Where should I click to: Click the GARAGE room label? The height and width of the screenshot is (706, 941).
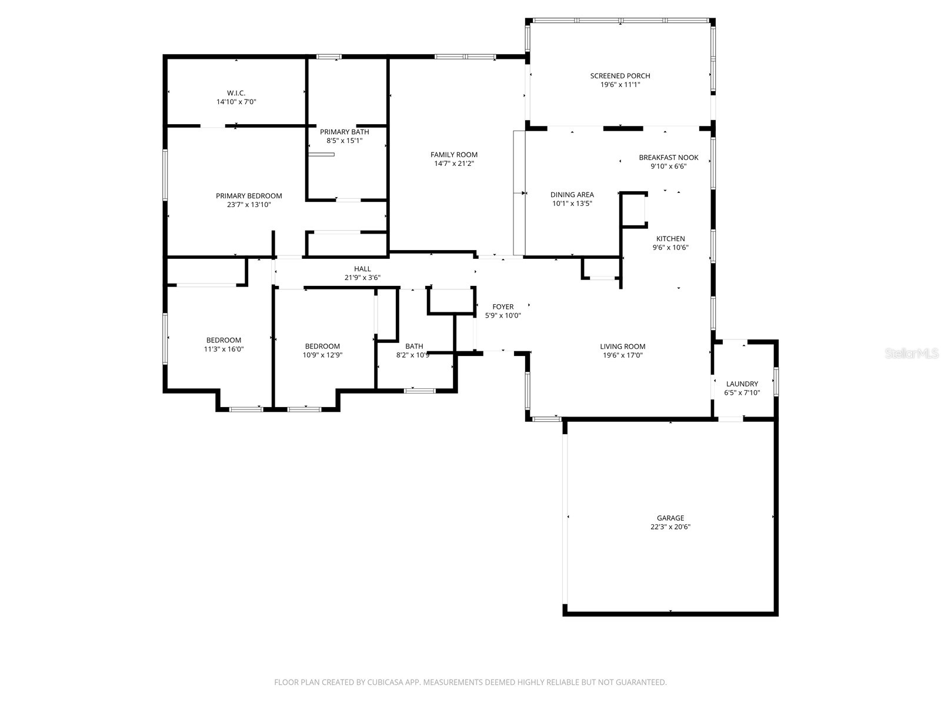click(x=670, y=518)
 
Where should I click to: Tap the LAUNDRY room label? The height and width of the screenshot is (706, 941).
click(x=742, y=384)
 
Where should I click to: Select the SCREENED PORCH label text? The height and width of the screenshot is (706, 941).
click(x=620, y=76)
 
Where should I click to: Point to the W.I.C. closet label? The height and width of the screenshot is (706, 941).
click(x=236, y=93)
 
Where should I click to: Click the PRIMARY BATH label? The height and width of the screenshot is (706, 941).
click(x=344, y=132)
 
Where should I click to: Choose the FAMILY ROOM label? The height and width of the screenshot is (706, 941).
click(x=453, y=155)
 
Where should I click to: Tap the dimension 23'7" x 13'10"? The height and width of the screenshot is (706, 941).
click(x=249, y=205)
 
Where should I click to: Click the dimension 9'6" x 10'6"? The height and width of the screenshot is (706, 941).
click(x=670, y=248)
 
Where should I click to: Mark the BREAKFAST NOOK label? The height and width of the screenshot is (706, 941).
click(x=669, y=158)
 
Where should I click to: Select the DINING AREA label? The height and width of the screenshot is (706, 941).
click(x=572, y=195)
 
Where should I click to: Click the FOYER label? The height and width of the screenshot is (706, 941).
click(x=503, y=307)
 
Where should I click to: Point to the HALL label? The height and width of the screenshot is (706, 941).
click(x=362, y=269)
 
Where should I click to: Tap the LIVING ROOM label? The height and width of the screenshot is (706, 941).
click(x=622, y=347)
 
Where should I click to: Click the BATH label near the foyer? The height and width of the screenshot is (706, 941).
click(x=414, y=347)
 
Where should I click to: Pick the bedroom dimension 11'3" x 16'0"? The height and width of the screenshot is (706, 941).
click(x=223, y=349)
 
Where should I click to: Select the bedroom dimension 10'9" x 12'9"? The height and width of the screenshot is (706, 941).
click(x=322, y=355)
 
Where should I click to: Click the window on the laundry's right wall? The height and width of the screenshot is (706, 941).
click(x=776, y=381)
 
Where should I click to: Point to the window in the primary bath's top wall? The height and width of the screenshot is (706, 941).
click(x=329, y=56)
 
